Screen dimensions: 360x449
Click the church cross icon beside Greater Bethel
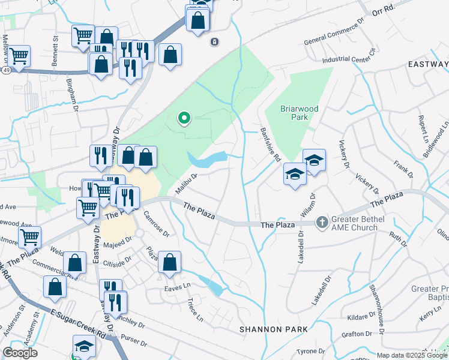point(322,223)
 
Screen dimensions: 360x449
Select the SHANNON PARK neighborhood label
point(273,329)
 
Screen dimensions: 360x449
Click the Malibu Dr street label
point(186,184)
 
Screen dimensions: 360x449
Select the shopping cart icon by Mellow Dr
point(19,56)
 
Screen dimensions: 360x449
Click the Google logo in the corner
point(20,353)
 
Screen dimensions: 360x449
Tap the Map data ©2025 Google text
point(412,355)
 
